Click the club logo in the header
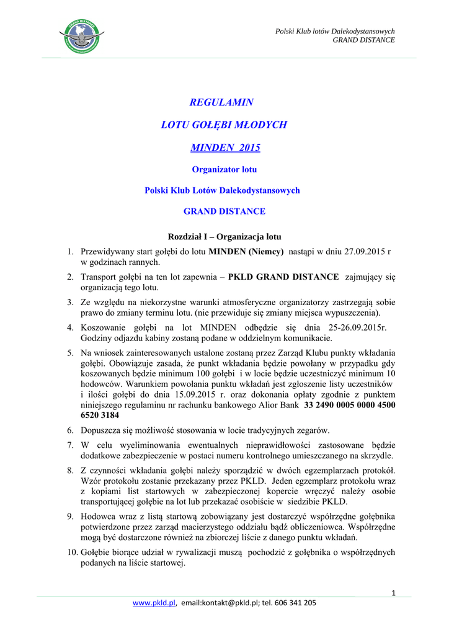[81, 36]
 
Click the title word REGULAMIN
[221, 102]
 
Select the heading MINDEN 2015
[225, 148]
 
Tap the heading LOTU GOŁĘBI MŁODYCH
[224, 125]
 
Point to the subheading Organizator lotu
[224, 169]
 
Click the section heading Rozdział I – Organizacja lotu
[225, 236]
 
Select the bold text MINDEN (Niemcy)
[246, 252]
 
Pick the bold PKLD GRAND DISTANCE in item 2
[284, 277]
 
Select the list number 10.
[72, 552]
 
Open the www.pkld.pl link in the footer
[154, 602]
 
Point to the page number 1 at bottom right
[393, 594]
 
